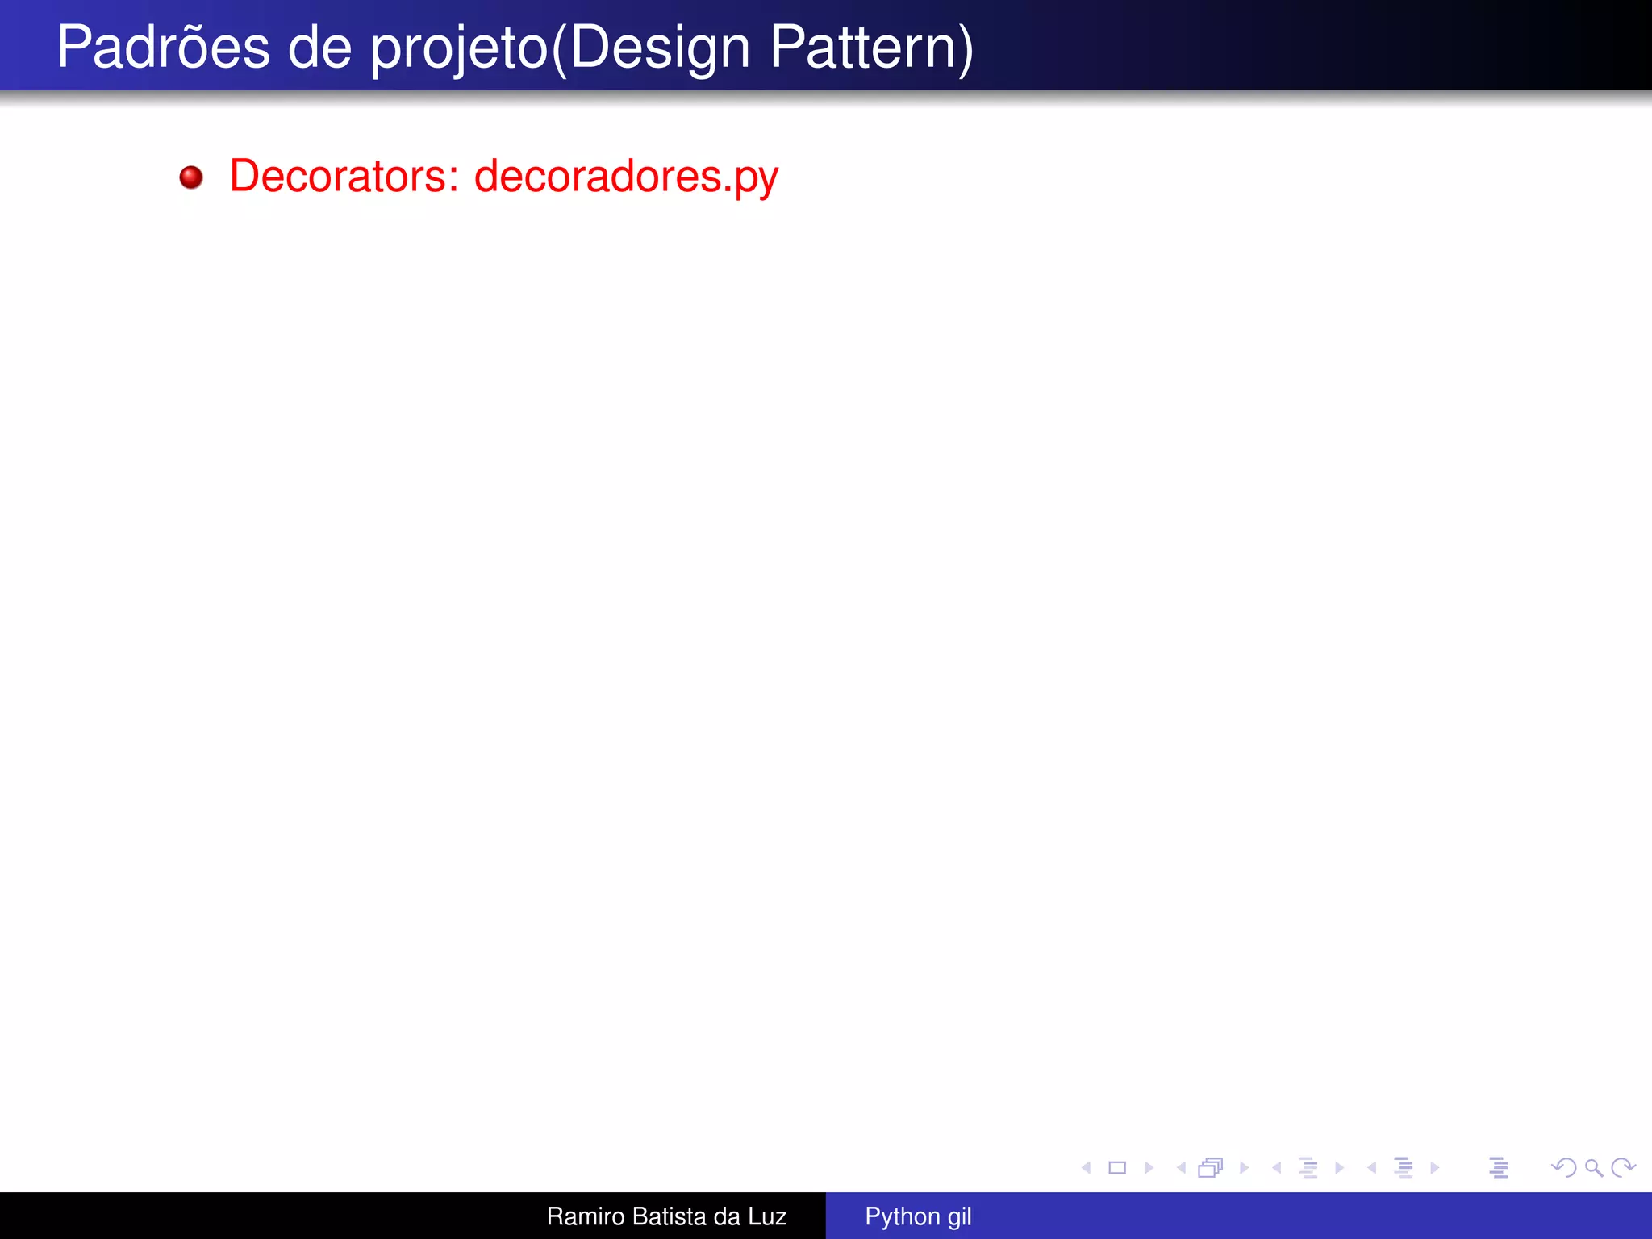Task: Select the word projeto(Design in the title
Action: pos(560,48)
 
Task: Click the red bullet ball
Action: pos(191,177)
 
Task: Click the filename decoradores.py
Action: pos(626,177)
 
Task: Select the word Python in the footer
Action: pos(902,1216)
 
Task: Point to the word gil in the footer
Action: pos(959,1216)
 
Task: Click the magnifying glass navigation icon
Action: pos(1593,1167)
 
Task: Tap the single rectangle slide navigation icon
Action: pos(1117,1167)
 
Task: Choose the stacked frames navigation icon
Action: pos(1211,1167)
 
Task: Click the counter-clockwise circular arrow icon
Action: pos(1563,1167)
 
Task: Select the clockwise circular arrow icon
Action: pos(1623,1167)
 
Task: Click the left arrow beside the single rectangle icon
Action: pos(1087,1167)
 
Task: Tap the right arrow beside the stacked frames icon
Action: pos(1245,1167)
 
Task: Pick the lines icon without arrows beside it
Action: pos(1499,1167)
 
